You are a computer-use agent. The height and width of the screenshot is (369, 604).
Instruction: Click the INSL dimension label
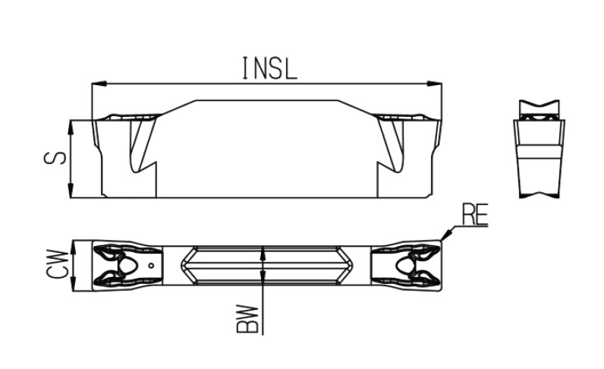click(269, 68)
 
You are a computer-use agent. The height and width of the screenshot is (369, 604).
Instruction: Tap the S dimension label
click(55, 158)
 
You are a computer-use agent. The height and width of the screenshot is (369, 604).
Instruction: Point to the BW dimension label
click(247, 319)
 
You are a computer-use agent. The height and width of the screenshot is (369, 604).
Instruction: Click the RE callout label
click(475, 214)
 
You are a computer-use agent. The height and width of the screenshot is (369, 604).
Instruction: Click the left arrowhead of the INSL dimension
click(99, 84)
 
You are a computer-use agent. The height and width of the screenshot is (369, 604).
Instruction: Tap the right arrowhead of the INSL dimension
click(435, 84)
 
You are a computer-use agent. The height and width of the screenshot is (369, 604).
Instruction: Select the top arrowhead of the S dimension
click(71, 128)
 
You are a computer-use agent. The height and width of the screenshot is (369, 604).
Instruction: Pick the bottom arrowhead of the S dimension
click(71, 191)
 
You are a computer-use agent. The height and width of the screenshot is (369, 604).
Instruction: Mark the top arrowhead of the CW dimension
click(73, 247)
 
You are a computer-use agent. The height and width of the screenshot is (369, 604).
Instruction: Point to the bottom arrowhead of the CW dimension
click(73, 284)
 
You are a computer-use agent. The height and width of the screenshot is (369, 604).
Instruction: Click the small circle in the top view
click(152, 265)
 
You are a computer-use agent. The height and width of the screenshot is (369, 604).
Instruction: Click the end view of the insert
click(539, 149)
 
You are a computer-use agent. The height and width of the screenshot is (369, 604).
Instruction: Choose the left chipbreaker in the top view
click(127, 265)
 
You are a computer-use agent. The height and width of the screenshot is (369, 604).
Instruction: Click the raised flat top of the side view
click(267, 101)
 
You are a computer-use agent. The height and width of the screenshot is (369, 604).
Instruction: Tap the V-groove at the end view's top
click(539, 105)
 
